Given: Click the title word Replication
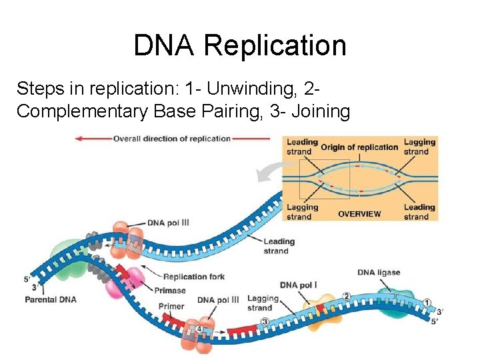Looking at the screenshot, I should point(275,45).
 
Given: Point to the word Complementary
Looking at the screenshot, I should point(83,111).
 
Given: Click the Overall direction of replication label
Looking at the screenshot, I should point(171,139).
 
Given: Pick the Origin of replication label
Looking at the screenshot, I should point(359,147).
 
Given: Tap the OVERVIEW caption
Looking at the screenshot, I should point(359,214).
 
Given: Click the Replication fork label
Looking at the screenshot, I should point(194,277).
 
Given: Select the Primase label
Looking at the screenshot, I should point(169,291).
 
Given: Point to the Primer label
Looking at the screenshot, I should point(171,307).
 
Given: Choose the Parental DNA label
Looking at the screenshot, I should point(51,300).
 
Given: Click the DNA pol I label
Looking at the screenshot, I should point(298,285).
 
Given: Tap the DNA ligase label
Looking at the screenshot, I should point(379,272).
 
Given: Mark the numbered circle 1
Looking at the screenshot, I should point(427,303).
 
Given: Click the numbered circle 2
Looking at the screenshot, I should point(346,296).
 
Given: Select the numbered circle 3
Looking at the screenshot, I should point(265,323).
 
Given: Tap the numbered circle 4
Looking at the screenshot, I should point(198,329).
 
